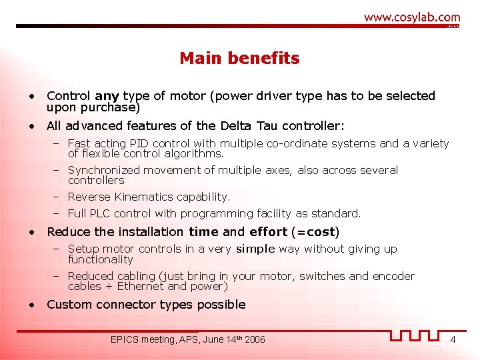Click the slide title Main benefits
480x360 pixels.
click(239, 59)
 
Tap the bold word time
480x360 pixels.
click(203, 232)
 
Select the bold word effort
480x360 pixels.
click(269, 232)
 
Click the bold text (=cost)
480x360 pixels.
click(315, 232)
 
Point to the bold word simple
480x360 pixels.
click(255, 249)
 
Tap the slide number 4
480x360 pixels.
click(453, 340)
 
